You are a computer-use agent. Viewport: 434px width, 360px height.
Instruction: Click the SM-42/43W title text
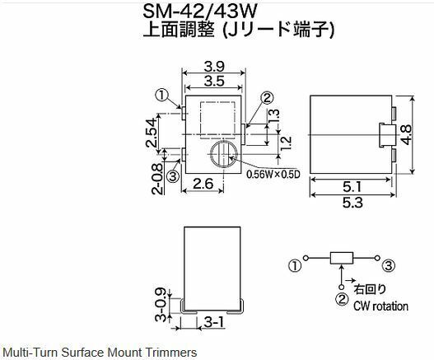point(200,12)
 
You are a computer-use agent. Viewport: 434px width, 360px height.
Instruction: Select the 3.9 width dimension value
point(214,67)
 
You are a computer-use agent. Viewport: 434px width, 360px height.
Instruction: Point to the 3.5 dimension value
point(214,82)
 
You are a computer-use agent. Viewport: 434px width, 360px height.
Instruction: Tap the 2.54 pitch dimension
point(152,133)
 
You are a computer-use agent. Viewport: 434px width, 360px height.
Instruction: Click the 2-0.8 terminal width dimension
point(157,180)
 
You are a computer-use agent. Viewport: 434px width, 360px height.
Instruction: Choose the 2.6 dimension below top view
point(203,185)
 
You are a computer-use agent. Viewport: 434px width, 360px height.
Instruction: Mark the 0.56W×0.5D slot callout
point(273,175)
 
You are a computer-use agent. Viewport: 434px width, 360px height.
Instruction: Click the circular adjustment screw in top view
point(224,154)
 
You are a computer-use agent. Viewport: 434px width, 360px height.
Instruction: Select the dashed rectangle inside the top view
point(217,120)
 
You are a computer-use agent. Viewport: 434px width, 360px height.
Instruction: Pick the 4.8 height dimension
point(406,134)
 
